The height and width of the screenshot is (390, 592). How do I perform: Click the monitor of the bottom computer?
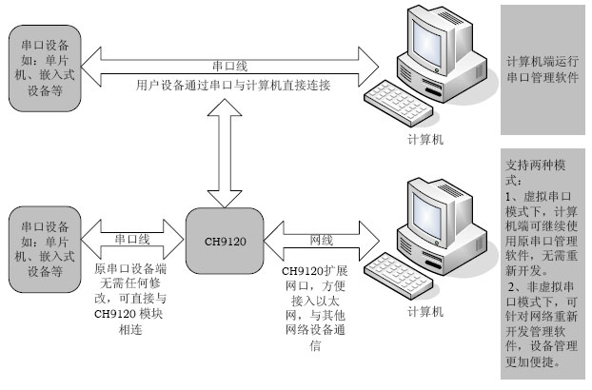[x=433, y=211]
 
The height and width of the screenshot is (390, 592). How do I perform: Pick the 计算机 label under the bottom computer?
[x=424, y=311]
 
